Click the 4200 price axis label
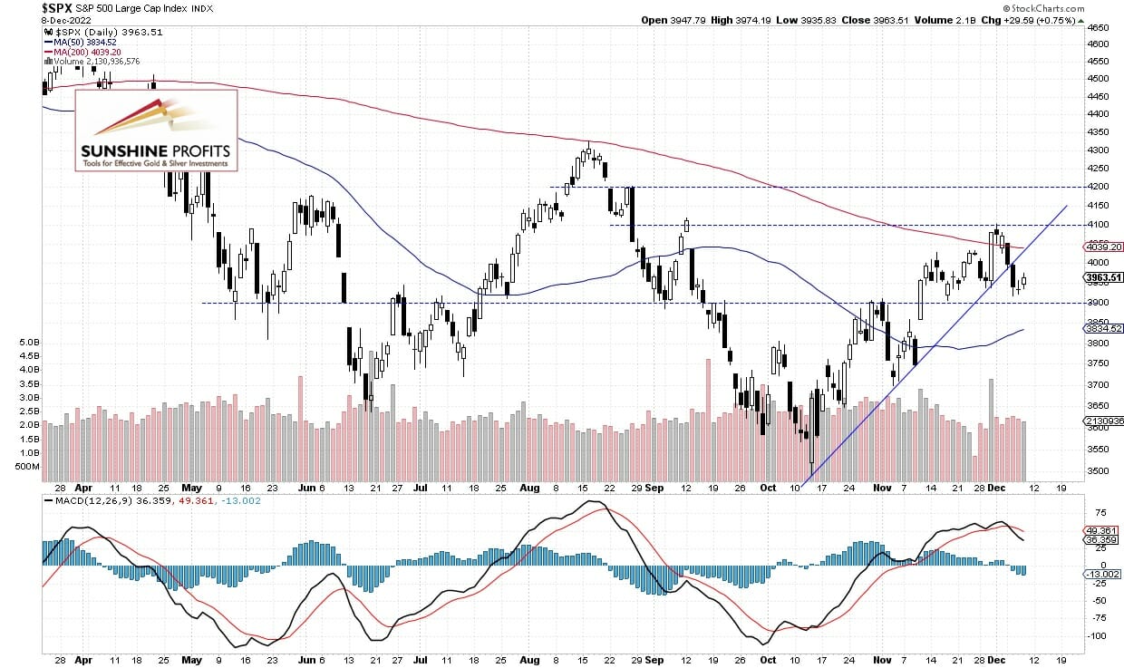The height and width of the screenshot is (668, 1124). tap(1099, 186)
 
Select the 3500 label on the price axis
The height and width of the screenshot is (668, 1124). tap(1099, 471)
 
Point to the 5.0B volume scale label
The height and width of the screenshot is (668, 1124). tap(27, 343)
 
